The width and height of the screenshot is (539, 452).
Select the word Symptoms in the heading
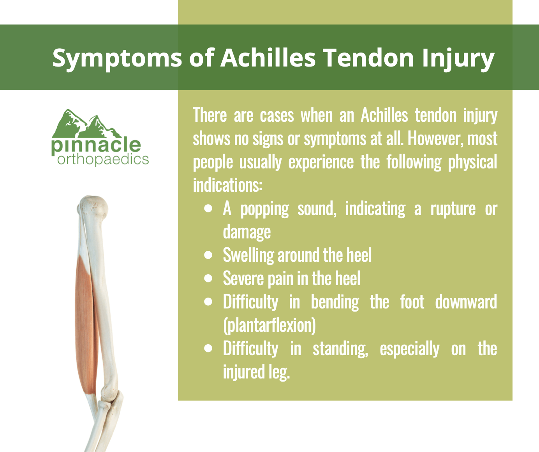pos(117,59)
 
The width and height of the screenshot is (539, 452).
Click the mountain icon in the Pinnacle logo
pos(86,124)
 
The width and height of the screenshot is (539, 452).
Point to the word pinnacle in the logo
pos(96,147)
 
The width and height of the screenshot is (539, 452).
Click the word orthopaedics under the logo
pos(103,160)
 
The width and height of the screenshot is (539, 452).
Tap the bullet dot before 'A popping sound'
pos(208,208)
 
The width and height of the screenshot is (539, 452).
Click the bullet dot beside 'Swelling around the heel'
pos(208,255)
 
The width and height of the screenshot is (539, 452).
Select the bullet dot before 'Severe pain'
pos(208,279)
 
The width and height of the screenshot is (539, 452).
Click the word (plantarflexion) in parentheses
pos(269,326)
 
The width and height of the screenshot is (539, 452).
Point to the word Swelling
pos(248,256)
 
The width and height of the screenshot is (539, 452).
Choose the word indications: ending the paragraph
pos(227,185)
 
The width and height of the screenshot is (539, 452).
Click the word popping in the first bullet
pos(264,209)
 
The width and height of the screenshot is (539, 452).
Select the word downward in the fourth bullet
pos(466,302)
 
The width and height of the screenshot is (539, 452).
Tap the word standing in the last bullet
pos(340,349)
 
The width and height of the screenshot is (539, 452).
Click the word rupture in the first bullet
pos(453,210)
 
